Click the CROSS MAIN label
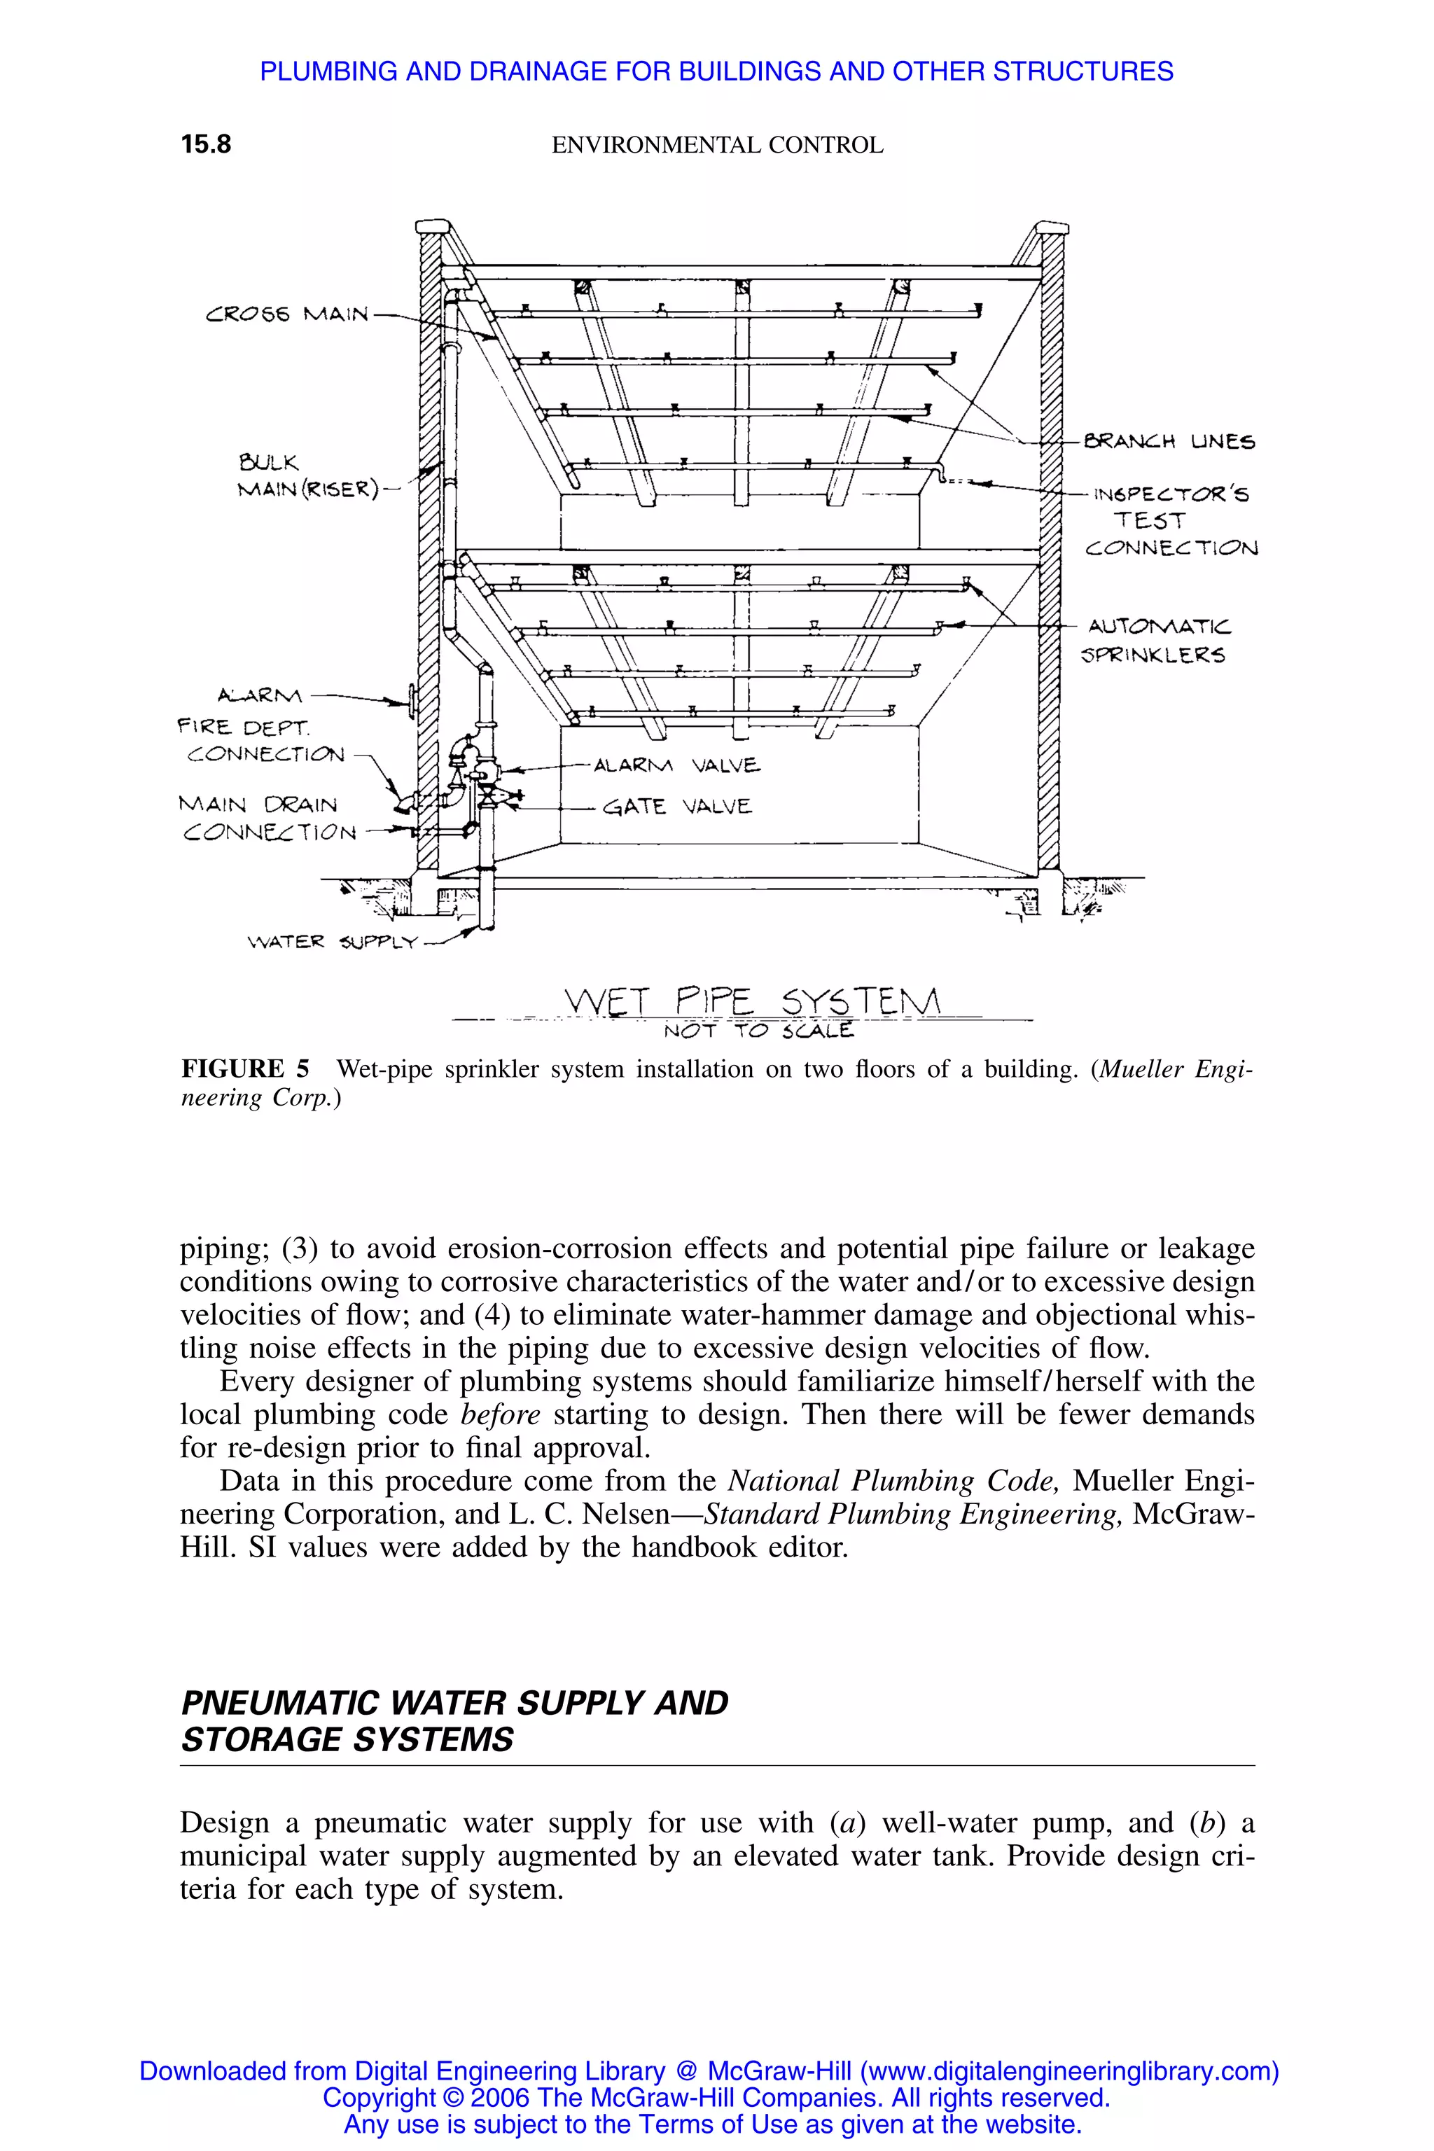(x=287, y=314)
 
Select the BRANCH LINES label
(x=1169, y=442)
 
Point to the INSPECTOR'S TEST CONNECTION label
(x=1172, y=520)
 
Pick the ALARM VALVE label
(x=677, y=765)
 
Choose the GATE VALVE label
(x=678, y=807)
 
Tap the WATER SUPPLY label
(x=332, y=941)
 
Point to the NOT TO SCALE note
(x=758, y=1031)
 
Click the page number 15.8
(x=206, y=144)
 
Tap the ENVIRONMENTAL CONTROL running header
(x=717, y=144)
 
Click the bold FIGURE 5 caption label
(x=245, y=1068)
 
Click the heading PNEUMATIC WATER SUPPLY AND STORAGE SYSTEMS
(x=454, y=1720)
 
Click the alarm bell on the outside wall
(x=413, y=702)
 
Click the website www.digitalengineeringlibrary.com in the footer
(x=1066, y=2070)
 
